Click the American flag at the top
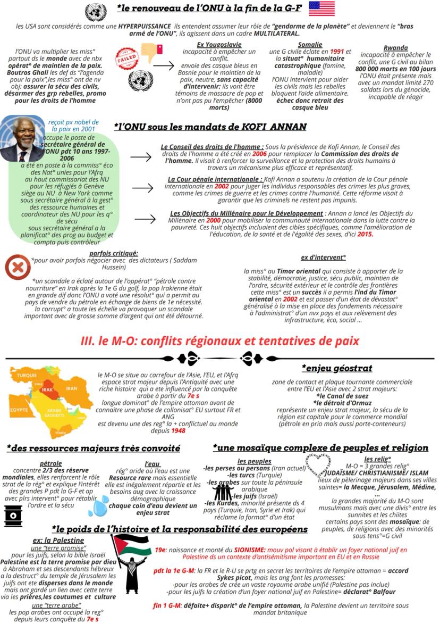click(x=321, y=9)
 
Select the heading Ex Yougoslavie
click(x=219, y=45)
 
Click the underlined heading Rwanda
click(x=395, y=48)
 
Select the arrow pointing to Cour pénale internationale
click(x=142, y=188)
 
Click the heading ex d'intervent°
click(x=323, y=257)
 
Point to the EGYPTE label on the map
click(x=19, y=410)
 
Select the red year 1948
click(x=178, y=430)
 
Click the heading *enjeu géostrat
click(x=337, y=368)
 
